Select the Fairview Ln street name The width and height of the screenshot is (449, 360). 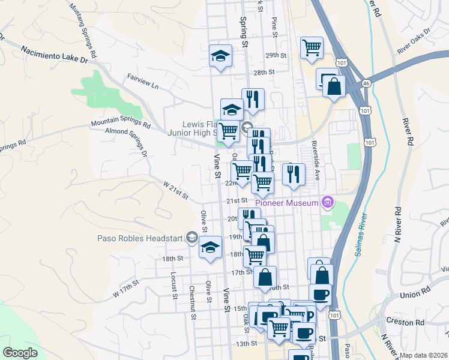(x=143, y=82)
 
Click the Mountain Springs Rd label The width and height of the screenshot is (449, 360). (x=121, y=124)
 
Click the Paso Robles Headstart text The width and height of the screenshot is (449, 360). (x=140, y=238)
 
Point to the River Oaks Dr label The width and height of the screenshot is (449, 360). (x=414, y=40)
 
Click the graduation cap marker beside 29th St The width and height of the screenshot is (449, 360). (x=220, y=56)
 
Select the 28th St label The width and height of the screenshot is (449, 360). (x=264, y=72)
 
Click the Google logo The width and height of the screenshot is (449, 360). (x=20, y=352)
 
